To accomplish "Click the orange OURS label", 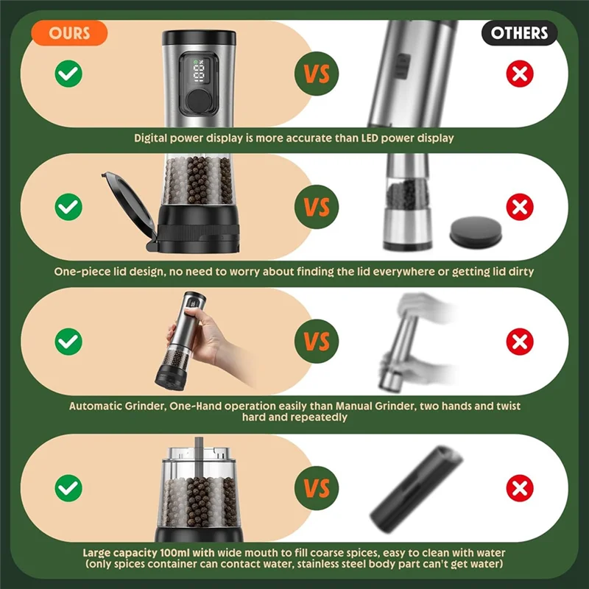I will tap(69, 33).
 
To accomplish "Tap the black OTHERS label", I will tap(519, 33).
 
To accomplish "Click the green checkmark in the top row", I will tap(68, 74).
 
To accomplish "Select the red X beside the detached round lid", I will tap(520, 208).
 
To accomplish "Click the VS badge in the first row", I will tap(317, 74).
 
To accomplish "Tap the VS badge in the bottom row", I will tap(317, 487).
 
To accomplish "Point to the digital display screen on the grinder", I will tap(197, 71).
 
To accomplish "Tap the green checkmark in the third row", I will tap(68, 341).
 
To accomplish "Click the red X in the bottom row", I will tap(520, 487).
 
